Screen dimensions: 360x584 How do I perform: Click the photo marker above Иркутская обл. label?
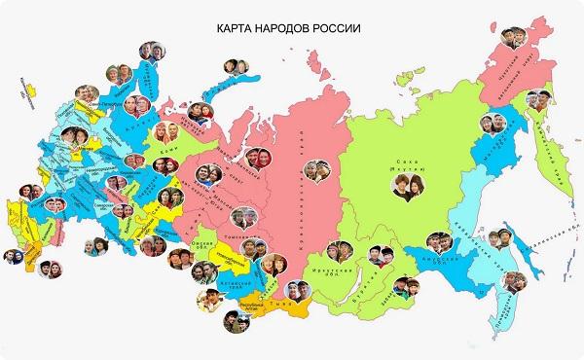[x=341, y=250]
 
